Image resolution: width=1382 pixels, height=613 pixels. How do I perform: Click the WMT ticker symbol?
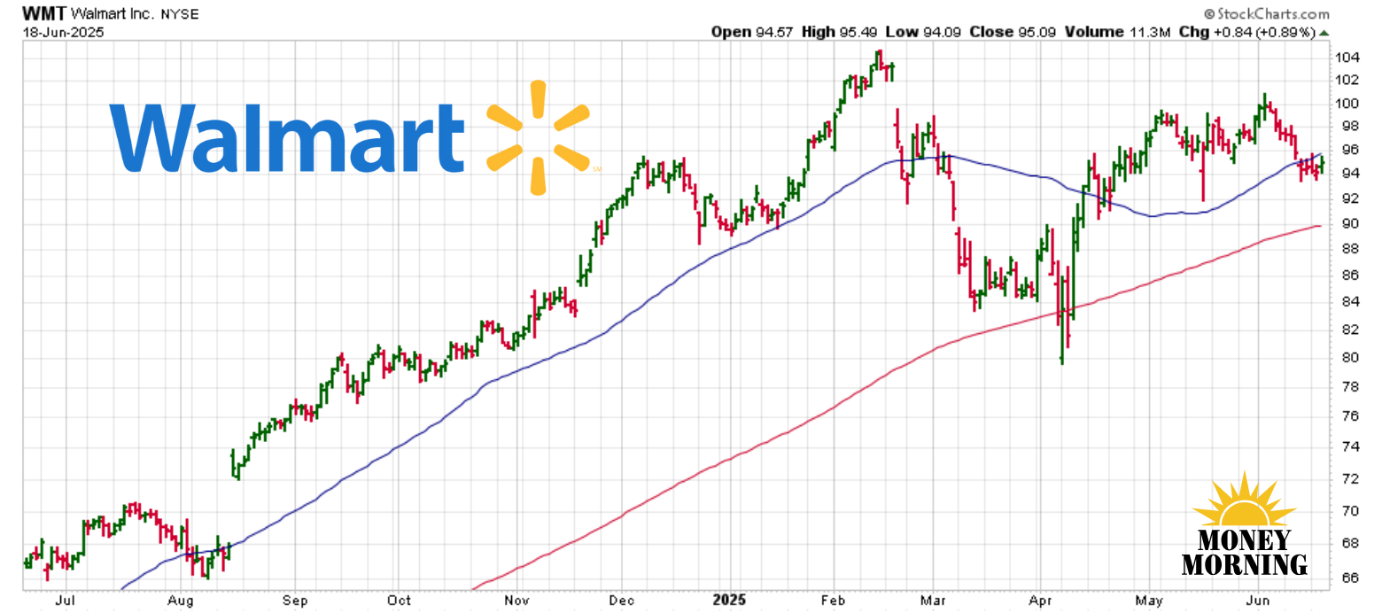(43, 14)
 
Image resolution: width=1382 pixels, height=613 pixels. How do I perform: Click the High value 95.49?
(860, 32)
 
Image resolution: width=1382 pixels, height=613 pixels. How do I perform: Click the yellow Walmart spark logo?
(538, 137)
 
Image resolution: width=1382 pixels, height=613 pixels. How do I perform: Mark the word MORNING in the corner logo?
(1244, 564)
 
